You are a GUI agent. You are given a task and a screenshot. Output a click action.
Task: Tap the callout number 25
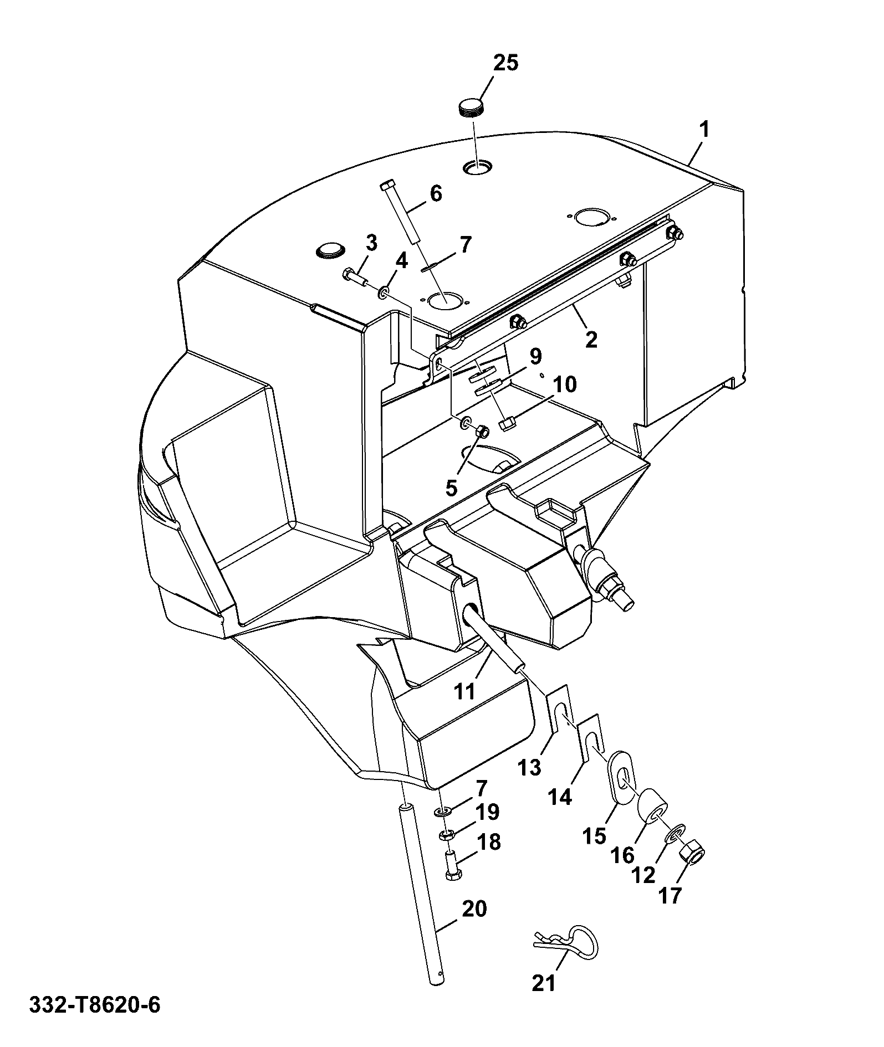coord(505,63)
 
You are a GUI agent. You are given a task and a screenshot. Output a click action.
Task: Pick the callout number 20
coord(474,909)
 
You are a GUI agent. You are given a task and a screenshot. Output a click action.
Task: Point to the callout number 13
coord(530,768)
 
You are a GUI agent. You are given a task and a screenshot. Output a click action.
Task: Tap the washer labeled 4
coord(384,292)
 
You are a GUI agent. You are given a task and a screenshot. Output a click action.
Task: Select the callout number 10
coord(564,384)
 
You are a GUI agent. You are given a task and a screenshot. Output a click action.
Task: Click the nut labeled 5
coord(482,430)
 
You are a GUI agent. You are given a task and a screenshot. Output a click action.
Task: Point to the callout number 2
coord(591,339)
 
